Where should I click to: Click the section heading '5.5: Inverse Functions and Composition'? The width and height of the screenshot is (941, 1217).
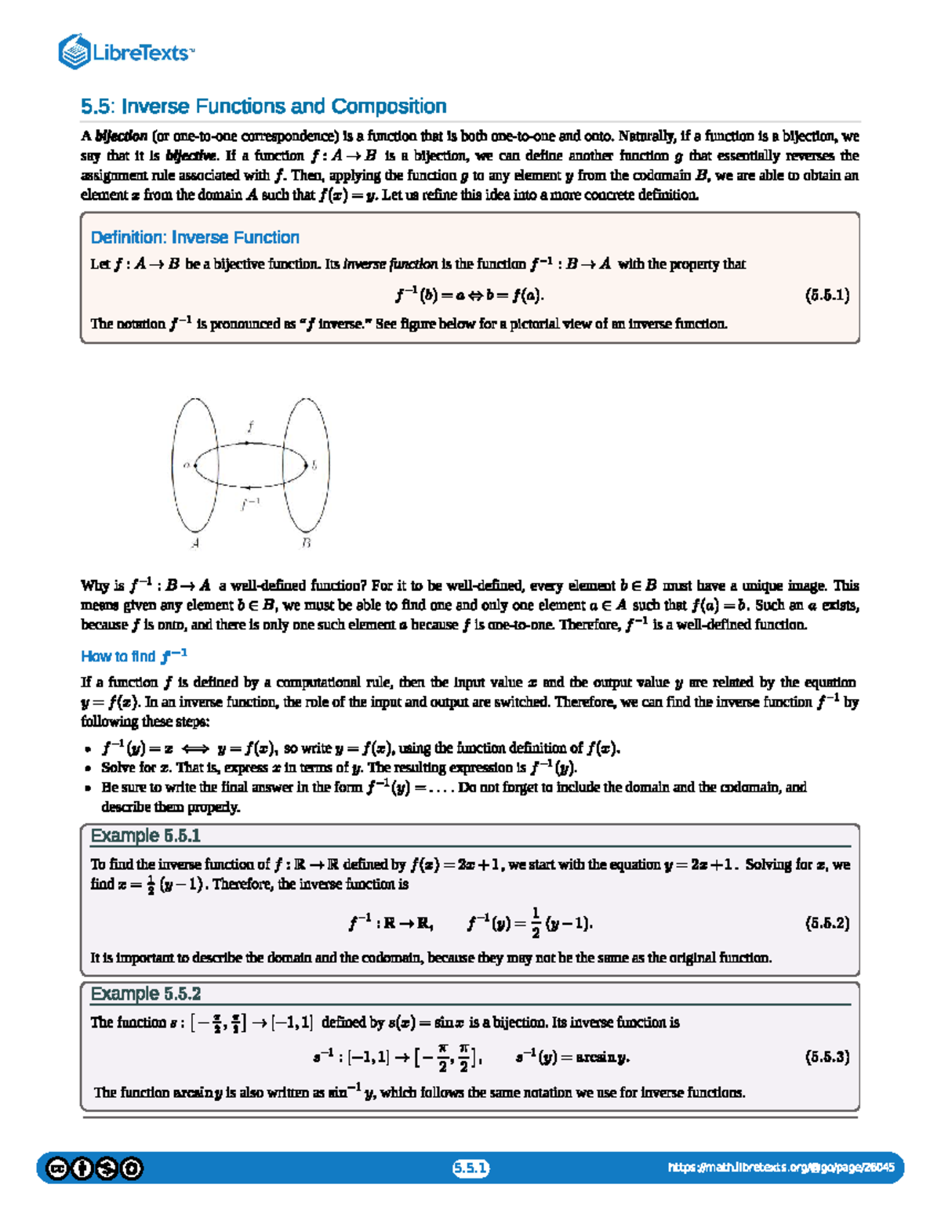pyautogui.click(x=263, y=106)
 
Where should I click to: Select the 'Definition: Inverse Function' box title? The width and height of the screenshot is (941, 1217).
pyautogui.click(x=194, y=237)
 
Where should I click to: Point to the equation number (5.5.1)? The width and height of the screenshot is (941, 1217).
pyautogui.click(x=827, y=295)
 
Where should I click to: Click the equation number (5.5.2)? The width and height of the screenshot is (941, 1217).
pyautogui.click(x=827, y=923)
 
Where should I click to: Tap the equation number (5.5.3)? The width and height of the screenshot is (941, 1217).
pyautogui.click(x=827, y=1057)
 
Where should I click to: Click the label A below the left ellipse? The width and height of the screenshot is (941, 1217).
pyautogui.click(x=194, y=542)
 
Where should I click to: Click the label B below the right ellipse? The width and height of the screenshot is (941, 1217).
pyautogui.click(x=306, y=542)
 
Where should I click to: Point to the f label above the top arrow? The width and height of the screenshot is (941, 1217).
pyautogui.click(x=250, y=427)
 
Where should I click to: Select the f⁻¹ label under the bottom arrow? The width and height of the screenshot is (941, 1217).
pyautogui.click(x=250, y=504)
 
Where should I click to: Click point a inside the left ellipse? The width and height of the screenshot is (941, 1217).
pyautogui.click(x=187, y=465)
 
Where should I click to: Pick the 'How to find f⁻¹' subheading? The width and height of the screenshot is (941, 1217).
pyautogui.click(x=133, y=656)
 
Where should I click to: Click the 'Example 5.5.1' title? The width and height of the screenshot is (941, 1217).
pyautogui.click(x=146, y=836)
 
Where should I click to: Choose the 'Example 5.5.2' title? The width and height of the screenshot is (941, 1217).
pyautogui.click(x=146, y=994)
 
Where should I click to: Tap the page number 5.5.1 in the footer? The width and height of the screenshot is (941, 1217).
pyautogui.click(x=470, y=1168)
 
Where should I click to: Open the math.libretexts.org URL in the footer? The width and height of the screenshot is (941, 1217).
pyautogui.click(x=780, y=1168)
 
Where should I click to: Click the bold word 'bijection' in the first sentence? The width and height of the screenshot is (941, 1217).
pyautogui.click(x=121, y=136)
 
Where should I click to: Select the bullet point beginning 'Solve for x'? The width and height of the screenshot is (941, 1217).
pyautogui.click(x=337, y=768)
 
